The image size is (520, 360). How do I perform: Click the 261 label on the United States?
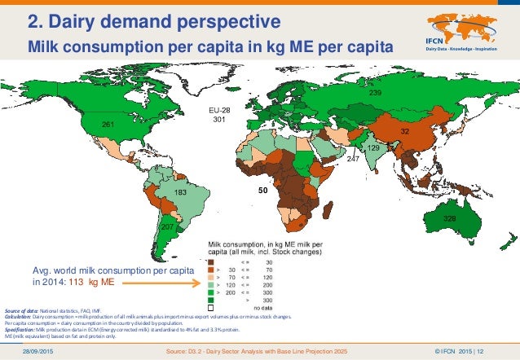(x=106, y=124)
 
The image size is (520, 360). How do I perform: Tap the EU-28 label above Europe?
(x=217, y=108)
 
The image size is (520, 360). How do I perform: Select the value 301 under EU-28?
(x=218, y=120)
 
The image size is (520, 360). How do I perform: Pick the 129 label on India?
(x=373, y=149)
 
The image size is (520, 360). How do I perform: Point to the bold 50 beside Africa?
(x=263, y=190)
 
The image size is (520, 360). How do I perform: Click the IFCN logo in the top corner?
(x=464, y=31)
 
